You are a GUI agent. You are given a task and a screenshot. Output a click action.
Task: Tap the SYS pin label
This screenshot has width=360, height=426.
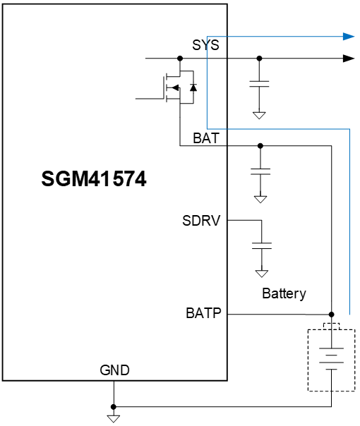[x=205, y=45]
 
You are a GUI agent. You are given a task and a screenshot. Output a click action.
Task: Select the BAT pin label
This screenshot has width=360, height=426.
[x=206, y=138]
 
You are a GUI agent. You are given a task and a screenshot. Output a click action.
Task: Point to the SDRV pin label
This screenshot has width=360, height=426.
[x=202, y=221]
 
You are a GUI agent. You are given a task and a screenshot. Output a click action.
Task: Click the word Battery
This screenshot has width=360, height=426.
[x=284, y=293]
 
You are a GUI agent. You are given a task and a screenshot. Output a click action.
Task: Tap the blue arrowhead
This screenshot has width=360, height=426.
[x=348, y=36]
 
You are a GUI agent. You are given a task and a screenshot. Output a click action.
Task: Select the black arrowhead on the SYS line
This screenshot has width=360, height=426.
[x=348, y=58]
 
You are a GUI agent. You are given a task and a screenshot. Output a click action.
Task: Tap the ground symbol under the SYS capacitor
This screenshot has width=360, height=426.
[x=260, y=114]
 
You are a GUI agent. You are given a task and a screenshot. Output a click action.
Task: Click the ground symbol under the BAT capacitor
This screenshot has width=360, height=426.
[x=260, y=199]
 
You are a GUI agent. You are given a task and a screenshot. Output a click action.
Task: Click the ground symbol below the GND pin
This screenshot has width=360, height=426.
[x=112, y=419]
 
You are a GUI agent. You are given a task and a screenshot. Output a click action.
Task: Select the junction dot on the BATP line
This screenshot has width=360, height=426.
[x=332, y=314]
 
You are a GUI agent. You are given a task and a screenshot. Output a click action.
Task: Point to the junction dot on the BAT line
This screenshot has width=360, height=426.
[x=260, y=146]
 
